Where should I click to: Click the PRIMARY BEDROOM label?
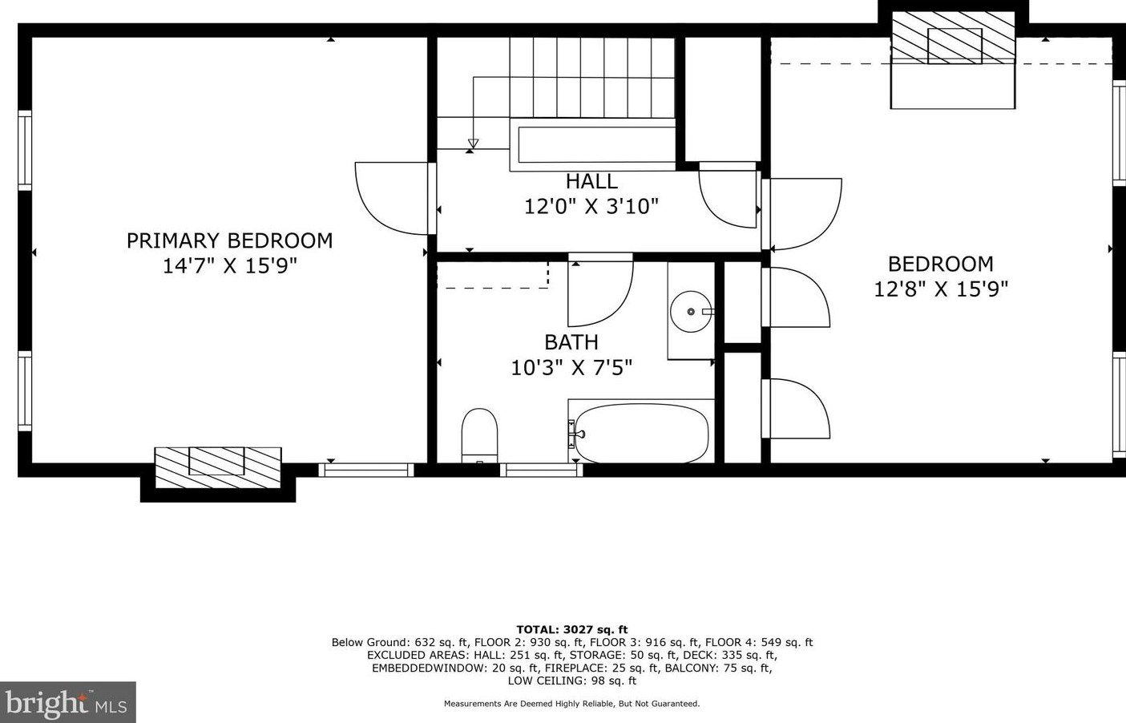(229, 240)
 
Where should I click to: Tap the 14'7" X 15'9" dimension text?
(229, 266)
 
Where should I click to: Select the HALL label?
(591, 181)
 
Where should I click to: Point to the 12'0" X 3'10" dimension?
(591, 207)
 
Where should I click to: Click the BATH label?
(571, 342)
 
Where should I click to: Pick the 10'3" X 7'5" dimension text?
(571, 368)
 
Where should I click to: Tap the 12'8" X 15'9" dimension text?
(941, 289)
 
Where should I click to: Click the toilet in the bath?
(479, 434)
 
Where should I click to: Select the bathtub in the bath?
(641, 434)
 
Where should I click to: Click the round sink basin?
(691, 311)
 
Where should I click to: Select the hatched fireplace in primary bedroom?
(217, 467)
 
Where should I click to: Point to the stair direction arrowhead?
(473, 144)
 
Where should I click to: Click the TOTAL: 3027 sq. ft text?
(571, 630)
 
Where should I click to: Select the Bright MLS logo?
(67, 703)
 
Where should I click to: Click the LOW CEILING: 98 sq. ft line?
(571, 681)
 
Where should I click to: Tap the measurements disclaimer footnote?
(571, 704)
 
